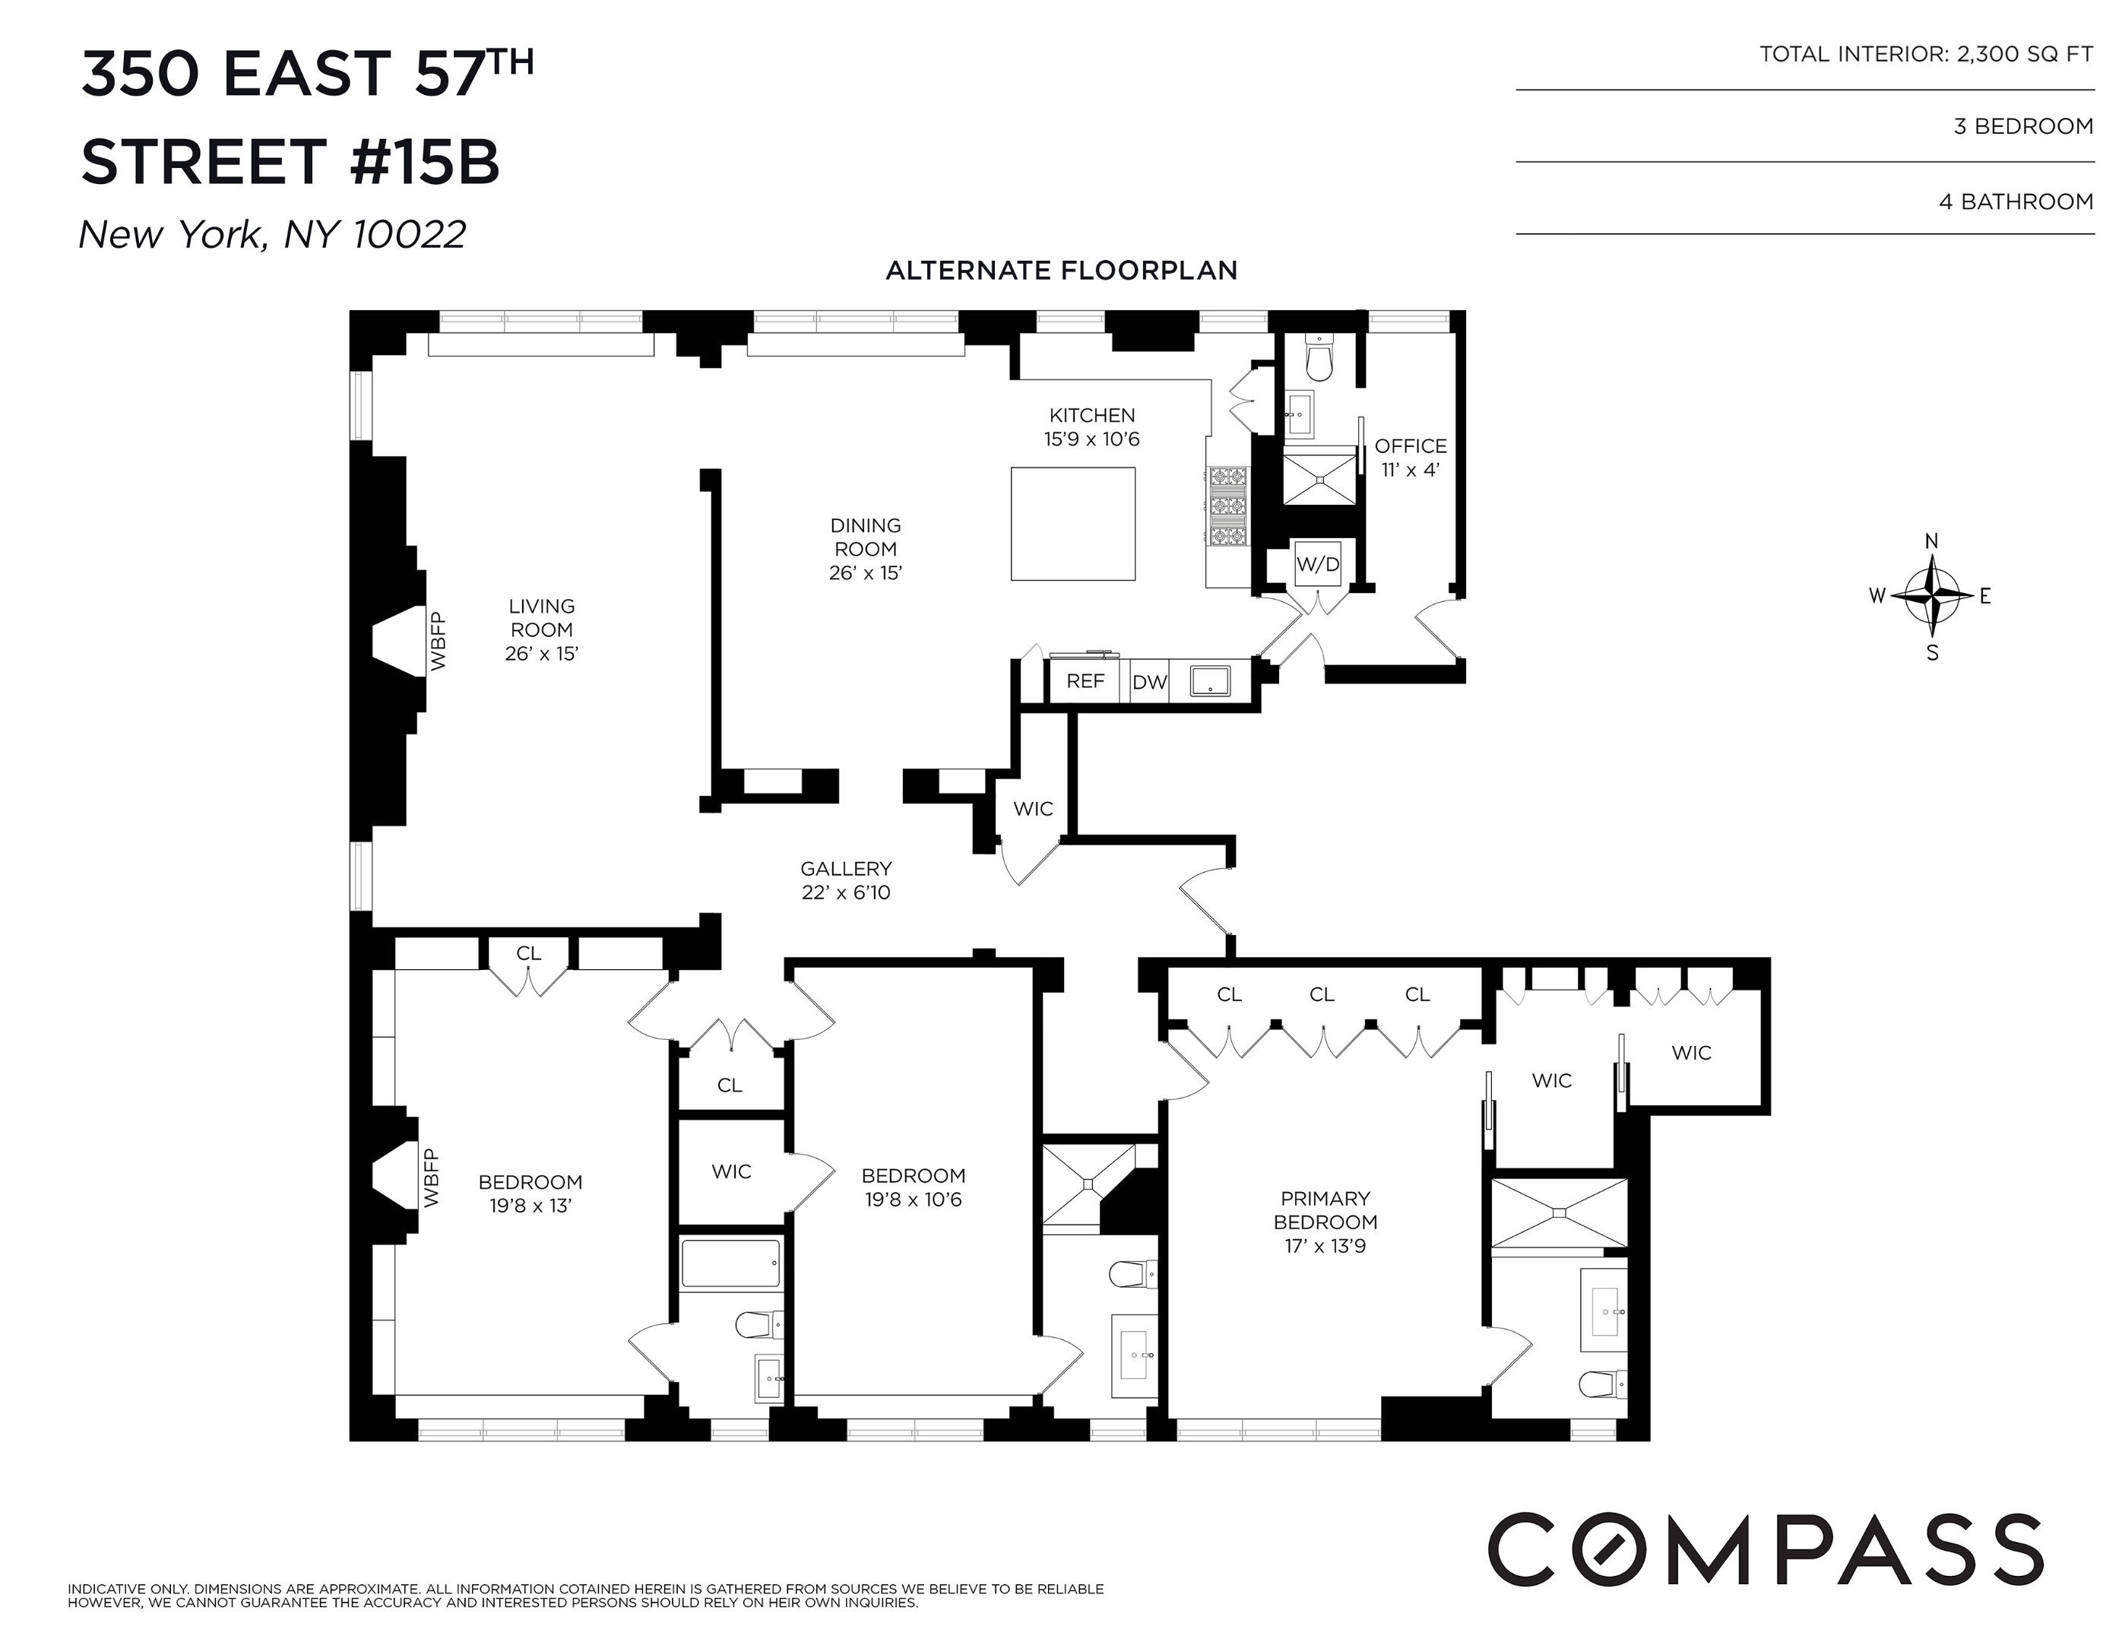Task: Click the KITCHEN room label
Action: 1091,416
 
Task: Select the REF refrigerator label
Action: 1085,681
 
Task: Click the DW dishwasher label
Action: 1148,682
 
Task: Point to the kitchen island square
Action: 1072,524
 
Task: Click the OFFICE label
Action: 1410,447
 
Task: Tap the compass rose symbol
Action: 1931,595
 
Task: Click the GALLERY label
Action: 845,869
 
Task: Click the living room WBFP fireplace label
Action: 437,642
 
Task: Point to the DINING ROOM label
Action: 865,537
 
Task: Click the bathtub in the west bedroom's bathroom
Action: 730,1264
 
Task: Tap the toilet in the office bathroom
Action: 1319,360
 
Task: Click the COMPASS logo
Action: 1766,1548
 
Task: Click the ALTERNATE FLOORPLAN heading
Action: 1061,271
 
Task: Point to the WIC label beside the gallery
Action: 1033,808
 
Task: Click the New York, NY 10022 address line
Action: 272,234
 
